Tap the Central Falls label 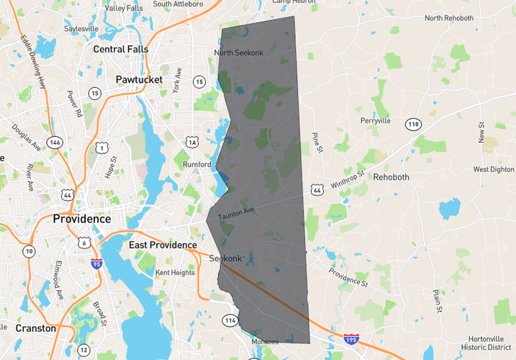point(121,49)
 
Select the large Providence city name point(82,218)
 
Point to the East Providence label point(163,245)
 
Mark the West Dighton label point(494,169)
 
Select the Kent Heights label point(175,272)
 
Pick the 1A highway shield point(192,142)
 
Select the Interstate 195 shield point(350,338)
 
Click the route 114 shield point(230,320)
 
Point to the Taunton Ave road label point(237,212)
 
